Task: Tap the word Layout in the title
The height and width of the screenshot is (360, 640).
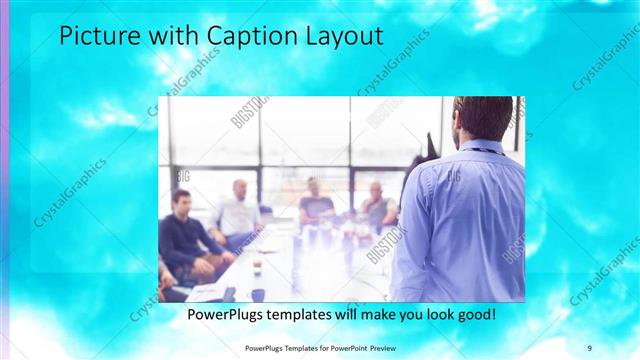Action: tap(346, 37)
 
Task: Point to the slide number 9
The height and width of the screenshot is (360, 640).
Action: tap(590, 346)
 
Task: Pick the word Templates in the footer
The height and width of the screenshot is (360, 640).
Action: tap(294, 347)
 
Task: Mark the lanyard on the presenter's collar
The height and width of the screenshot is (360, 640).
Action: tap(484, 150)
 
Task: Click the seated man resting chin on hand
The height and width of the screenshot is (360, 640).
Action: tap(377, 205)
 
